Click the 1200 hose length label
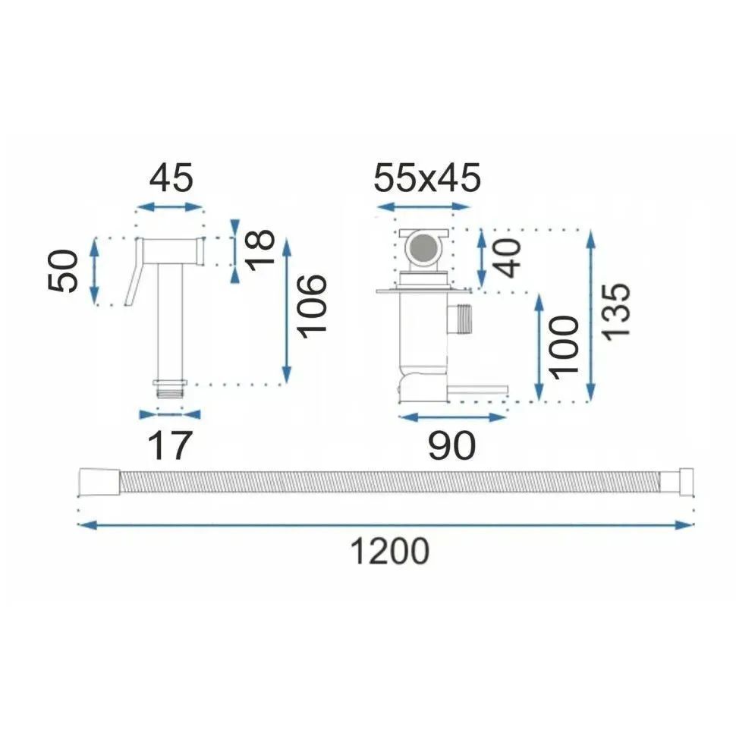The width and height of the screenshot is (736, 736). (389, 551)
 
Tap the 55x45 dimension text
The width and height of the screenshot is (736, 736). (427, 178)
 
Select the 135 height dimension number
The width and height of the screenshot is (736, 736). (615, 312)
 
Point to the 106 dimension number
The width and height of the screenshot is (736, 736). (312, 307)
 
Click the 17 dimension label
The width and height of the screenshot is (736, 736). (169, 445)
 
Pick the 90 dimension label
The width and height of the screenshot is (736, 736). (451, 445)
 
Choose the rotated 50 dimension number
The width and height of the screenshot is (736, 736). (62, 272)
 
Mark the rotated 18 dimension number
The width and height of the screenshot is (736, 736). (259, 250)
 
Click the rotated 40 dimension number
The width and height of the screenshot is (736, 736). (508, 258)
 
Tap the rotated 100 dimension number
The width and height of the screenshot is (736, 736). (564, 348)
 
